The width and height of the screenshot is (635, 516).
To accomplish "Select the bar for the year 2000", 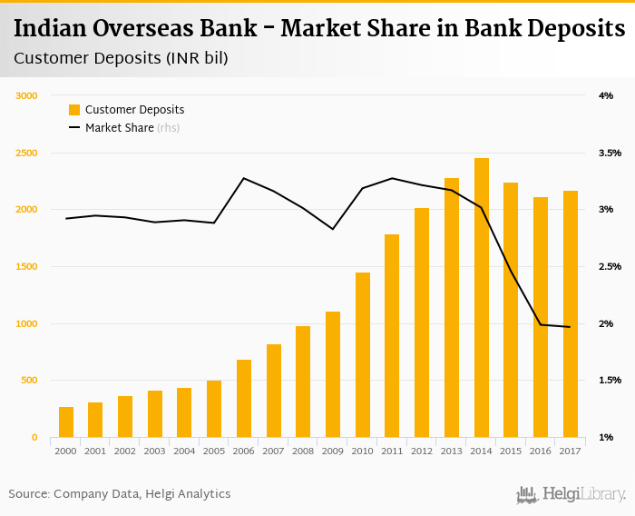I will click(66, 422).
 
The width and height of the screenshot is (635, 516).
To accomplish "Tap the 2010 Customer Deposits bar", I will click(363, 355).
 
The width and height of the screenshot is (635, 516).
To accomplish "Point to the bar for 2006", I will click(244, 399).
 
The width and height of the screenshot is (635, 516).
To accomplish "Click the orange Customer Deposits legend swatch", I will click(74, 110).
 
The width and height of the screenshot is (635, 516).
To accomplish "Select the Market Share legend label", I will click(119, 128).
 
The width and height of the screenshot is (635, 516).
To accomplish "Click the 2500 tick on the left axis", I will click(26, 153).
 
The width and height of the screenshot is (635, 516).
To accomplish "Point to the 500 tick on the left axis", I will click(29, 381).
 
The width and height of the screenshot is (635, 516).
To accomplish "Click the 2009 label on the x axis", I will click(333, 451).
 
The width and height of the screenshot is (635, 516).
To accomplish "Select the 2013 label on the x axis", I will click(452, 451).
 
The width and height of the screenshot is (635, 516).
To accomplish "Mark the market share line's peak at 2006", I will click(244, 178).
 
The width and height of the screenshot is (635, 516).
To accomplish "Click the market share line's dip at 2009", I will click(333, 229).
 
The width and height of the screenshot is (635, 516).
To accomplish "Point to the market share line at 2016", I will click(541, 324).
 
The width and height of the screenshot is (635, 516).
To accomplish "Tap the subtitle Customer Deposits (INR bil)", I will click(121, 59).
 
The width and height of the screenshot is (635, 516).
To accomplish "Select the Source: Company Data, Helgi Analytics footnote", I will click(120, 494).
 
